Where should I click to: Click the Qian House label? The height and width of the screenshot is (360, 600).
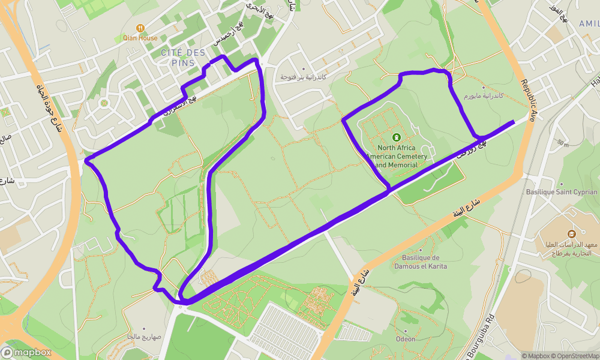(x=140, y=38)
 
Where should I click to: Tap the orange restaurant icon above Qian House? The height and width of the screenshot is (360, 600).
(x=140, y=28)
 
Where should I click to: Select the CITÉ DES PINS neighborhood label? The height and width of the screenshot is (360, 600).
(x=183, y=58)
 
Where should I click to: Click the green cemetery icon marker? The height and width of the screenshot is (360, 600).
(x=396, y=137)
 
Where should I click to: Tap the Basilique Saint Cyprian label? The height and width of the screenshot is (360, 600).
(x=562, y=192)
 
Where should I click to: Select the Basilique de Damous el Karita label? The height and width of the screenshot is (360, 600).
(x=421, y=262)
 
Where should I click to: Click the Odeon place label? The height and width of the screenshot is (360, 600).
(x=406, y=339)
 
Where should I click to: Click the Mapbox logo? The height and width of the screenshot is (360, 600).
(x=26, y=352)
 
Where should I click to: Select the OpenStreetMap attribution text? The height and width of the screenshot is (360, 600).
(x=573, y=356)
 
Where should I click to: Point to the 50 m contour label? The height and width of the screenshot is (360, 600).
(x=562, y=143)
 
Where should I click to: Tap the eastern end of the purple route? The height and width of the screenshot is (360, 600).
(x=514, y=122)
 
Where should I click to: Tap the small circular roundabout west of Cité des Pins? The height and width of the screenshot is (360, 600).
(x=104, y=103)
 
